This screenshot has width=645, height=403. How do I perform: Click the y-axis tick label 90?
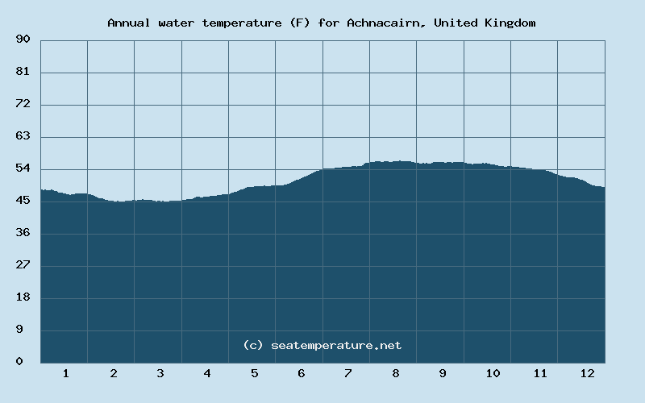click(x=23, y=39)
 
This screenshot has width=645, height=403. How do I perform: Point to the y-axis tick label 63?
click(x=23, y=136)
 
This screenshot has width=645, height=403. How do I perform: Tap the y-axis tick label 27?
click(x=23, y=265)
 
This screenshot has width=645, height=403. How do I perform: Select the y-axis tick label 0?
click(x=19, y=362)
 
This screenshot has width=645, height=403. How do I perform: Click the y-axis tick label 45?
click(x=23, y=201)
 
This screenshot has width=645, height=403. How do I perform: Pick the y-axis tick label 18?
click(x=23, y=297)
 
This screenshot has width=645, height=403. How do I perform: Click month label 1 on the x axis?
click(x=65, y=374)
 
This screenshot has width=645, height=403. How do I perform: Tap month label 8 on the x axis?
click(x=396, y=374)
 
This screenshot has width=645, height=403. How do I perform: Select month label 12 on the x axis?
click(x=587, y=374)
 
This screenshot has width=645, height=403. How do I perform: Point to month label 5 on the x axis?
click(x=255, y=374)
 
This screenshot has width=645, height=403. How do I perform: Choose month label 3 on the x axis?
click(x=160, y=374)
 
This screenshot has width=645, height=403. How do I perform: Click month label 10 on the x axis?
click(x=493, y=374)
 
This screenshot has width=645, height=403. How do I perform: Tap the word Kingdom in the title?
click(x=510, y=23)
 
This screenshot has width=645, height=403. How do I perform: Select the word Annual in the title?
click(x=129, y=23)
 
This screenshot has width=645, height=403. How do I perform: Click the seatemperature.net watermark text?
click(x=336, y=345)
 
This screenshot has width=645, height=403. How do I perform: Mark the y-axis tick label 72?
click(x=23, y=104)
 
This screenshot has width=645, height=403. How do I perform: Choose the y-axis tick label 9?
click(x=19, y=330)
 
